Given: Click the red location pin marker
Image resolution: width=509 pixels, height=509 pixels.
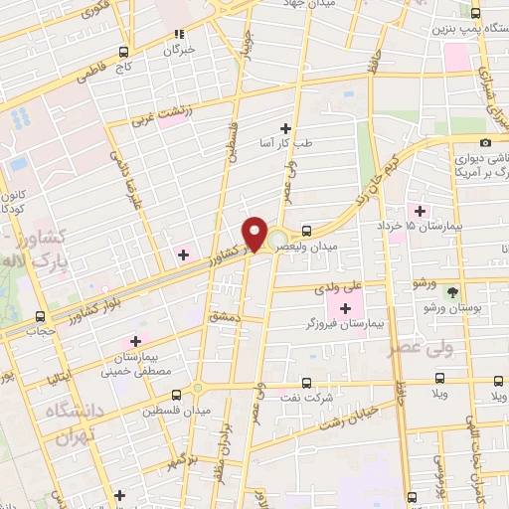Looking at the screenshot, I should pyautogui.click(x=254, y=233).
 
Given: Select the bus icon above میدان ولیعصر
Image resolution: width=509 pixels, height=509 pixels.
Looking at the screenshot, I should pyautogui.click(x=306, y=231).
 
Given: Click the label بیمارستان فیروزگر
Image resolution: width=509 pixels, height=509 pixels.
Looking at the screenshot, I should pyautogui.click(x=344, y=325).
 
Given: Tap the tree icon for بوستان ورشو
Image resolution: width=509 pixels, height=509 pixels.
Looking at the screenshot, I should pyautogui.click(x=453, y=293).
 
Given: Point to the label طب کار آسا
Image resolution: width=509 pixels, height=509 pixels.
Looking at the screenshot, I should pyautogui.click(x=285, y=143).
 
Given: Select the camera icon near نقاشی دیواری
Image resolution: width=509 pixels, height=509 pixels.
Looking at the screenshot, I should pyautogui.click(x=484, y=143).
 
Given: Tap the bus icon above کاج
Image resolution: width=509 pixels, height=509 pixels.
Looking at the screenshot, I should pyautogui.click(x=123, y=51).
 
